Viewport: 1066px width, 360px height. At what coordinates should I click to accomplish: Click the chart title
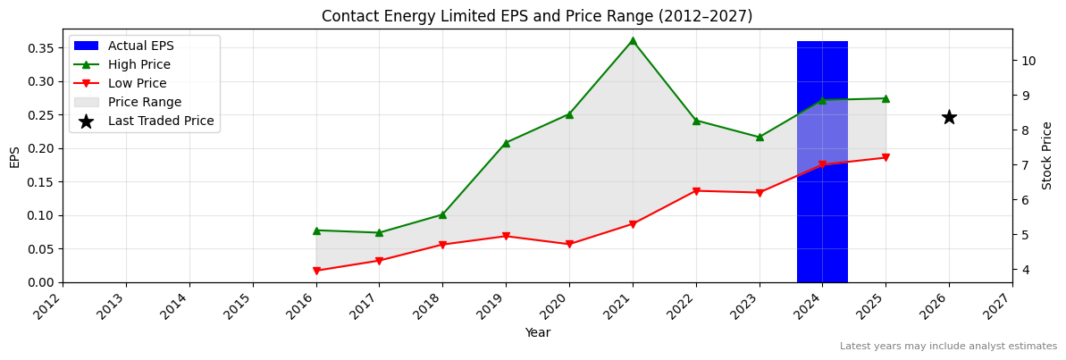point(537,16)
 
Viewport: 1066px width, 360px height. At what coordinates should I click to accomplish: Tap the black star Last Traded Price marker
point(949,117)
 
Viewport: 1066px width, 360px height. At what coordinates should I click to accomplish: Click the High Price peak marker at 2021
point(633,40)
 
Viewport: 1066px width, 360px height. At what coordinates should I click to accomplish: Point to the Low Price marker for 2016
point(316,271)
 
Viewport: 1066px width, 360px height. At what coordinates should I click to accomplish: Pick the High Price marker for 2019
point(506,143)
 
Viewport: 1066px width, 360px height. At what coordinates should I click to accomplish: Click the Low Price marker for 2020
point(569,244)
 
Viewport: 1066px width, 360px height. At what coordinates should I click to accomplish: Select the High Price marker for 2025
point(886,98)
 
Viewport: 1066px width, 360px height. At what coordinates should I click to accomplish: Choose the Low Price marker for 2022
point(696,190)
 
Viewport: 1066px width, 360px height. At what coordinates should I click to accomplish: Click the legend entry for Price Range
point(145,102)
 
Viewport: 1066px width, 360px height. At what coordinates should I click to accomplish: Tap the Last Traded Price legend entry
point(161,121)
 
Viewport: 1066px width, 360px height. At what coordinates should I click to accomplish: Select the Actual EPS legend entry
point(141,46)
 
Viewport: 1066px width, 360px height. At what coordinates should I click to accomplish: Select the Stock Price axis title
point(1047,155)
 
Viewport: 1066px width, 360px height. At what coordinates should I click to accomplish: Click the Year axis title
point(537,332)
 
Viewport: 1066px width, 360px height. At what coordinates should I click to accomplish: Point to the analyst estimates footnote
point(948,347)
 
